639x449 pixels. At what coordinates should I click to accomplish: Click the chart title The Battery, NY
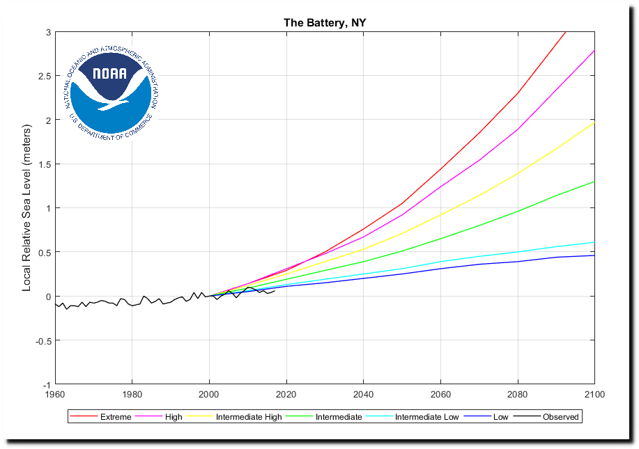pyautogui.click(x=325, y=23)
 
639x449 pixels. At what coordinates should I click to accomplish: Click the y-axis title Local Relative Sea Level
pyautogui.click(x=27, y=209)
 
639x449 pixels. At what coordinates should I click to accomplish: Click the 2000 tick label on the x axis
pyautogui.click(x=209, y=395)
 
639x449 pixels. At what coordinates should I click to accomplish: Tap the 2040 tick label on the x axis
pyautogui.click(x=363, y=395)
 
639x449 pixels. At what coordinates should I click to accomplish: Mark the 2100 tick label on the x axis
pyautogui.click(x=594, y=395)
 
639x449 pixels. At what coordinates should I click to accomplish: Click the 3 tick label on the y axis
pyautogui.click(x=47, y=32)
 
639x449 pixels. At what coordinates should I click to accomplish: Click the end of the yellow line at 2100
pyautogui.click(x=594, y=123)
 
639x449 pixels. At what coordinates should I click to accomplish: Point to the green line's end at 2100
pyautogui.click(x=594, y=182)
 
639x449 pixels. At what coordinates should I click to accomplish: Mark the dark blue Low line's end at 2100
pyautogui.click(x=594, y=255)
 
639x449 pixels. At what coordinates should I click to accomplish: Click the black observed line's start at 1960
pyautogui.click(x=55, y=304)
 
